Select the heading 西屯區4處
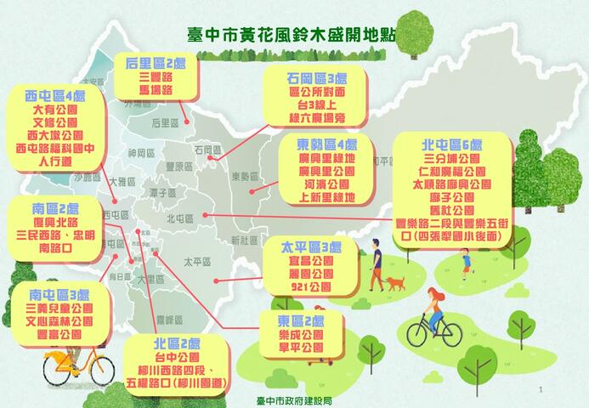coord(55,94)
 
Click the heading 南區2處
coord(55,208)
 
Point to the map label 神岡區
coord(136,153)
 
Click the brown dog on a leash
coord(395,283)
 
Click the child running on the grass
coord(465,261)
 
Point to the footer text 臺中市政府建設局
coord(293,399)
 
